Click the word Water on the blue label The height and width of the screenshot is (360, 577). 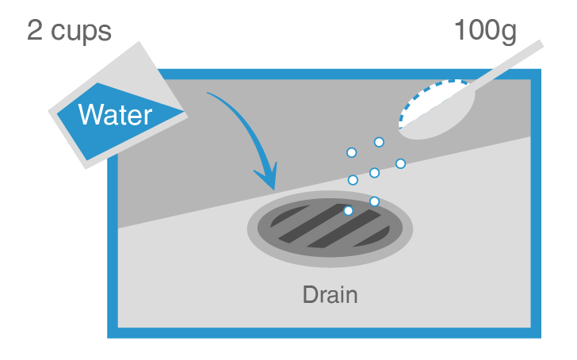(115, 116)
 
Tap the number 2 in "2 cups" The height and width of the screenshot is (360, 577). (36, 31)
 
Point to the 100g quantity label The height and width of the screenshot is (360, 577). (485, 31)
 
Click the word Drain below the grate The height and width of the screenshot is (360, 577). (330, 296)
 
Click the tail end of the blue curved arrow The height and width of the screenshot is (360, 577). (209, 94)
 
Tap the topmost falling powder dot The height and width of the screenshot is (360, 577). (379, 142)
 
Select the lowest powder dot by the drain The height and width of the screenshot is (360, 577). (348, 211)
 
